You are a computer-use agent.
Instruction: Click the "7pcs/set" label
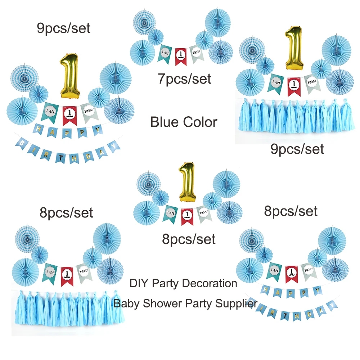coord(185,78)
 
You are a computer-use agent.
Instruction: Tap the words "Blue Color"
coord(184,122)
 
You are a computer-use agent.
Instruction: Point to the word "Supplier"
coord(236,303)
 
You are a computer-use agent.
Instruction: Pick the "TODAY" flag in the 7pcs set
coord(197,54)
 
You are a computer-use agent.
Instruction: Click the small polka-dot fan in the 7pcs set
coord(156,37)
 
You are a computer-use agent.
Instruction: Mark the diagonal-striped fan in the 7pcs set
coord(221,51)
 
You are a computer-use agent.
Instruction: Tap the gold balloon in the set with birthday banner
coord(69,76)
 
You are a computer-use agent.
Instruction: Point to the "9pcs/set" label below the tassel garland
coord(297,149)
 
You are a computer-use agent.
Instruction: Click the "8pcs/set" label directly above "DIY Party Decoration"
coord(189,239)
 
